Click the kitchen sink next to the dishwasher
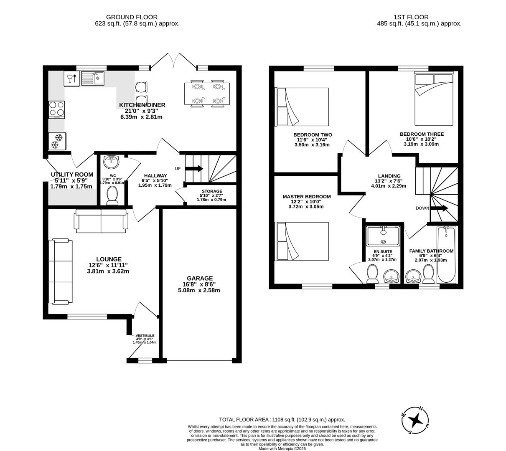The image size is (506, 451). [x=92, y=78]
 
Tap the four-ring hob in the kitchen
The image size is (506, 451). [x=57, y=109]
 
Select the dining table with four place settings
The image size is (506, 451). [x=207, y=94]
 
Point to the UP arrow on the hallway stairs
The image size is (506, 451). [x=194, y=169]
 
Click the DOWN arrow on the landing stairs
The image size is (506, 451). [x=439, y=208]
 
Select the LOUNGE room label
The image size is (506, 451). [x=108, y=259]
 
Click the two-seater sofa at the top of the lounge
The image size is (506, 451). [x=101, y=220]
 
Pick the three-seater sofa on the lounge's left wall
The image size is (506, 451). [x=60, y=271]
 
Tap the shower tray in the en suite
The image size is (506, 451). [x=383, y=236]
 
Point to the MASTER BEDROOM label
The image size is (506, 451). [x=306, y=197]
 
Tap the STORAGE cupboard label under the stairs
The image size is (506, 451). [x=212, y=191]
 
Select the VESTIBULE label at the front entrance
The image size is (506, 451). [x=145, y=336]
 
